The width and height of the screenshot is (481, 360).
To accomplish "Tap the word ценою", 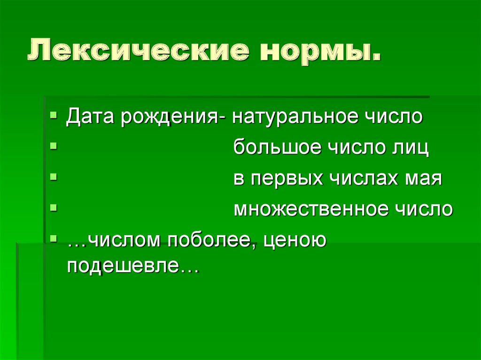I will point(288,242).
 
